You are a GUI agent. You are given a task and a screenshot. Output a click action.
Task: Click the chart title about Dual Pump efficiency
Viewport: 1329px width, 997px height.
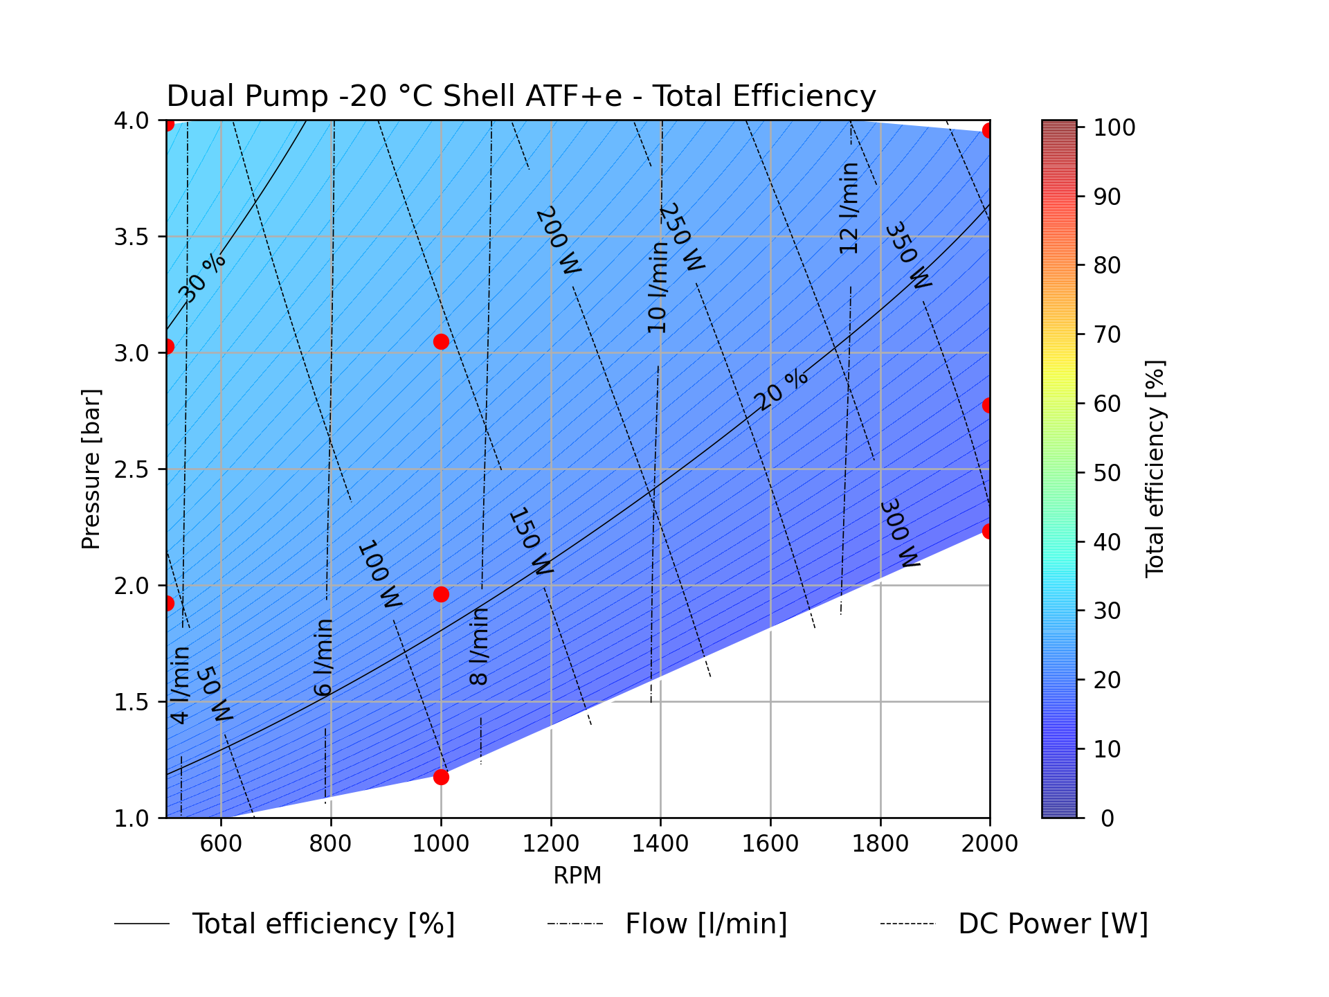coord(521,96)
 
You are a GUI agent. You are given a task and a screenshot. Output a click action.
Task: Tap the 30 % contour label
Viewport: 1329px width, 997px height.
coord(201,278)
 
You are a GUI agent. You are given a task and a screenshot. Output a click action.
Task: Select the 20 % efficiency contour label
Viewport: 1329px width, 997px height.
coord(781,390)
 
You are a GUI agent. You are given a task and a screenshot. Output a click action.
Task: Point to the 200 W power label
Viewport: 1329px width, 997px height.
coord(558,240)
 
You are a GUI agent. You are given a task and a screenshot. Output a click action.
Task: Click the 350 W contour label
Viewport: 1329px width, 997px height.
coord(908,255)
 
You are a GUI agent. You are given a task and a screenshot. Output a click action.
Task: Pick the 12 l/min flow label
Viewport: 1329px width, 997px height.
coord(849,208)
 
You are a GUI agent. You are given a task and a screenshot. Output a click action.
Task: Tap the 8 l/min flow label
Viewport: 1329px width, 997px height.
coord(479,646)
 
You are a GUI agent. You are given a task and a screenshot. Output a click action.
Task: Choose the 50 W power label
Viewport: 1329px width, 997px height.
coord(215,694)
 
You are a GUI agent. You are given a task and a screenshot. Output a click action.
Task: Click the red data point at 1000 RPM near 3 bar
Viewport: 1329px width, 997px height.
coord(441,341)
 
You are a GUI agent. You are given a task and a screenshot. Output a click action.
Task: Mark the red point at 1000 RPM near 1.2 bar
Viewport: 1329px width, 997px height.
coord(441,777)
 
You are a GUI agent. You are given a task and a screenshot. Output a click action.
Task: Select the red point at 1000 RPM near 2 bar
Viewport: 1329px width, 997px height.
coord(441,594)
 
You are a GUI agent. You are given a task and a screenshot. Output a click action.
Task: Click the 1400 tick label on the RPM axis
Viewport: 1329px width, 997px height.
coord(660,843)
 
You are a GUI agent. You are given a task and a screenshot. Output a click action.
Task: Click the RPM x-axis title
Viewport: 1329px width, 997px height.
coord(577,876)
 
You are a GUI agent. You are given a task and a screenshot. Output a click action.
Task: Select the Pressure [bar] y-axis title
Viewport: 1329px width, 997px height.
coord(91,469)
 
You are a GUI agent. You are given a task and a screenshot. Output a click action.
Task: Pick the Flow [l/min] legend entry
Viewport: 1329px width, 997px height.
coord(706,924)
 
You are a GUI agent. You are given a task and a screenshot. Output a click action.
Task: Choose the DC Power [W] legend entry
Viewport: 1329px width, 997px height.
coord(1052,924)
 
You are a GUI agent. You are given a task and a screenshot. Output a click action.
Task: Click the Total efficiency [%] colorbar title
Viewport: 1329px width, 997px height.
coord(1155,469)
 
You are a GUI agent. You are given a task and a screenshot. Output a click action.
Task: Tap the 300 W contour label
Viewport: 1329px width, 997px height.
coord(899,533)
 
